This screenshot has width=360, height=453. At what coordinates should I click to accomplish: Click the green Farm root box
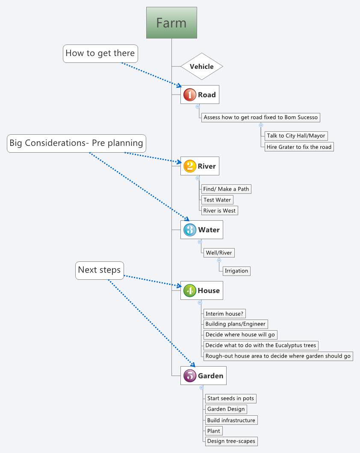tap(171, 23)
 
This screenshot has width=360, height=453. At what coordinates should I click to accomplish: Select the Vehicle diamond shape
tap(202, 66)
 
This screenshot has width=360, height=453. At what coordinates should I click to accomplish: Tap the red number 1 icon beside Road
tap(190, 95)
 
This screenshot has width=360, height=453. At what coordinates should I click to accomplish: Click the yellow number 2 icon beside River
tap(190, 166)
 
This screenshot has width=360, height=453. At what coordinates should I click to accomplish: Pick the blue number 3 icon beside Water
tap(190, 230)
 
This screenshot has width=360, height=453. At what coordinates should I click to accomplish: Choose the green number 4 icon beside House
tap(190, 290)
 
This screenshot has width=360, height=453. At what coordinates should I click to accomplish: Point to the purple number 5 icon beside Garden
tap(190, 376)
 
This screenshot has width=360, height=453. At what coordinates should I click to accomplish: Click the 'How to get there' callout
tap(100, 53)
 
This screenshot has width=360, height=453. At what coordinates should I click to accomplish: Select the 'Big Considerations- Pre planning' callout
tap(77, 143)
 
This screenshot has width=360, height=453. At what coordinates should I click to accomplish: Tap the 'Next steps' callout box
tap(100, 270)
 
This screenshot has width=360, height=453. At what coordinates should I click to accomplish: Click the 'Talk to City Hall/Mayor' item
tap(296, 136)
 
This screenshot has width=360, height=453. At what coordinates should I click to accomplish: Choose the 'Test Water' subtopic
tap(217, 200)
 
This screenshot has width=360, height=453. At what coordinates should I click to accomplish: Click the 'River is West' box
tap(219, 210)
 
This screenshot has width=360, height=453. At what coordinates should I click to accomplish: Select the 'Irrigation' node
tap(236, 271)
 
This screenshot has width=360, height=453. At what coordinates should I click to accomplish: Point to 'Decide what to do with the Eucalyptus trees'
tap(261, 345)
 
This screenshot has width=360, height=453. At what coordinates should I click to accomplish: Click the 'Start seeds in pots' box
tap(230, 398)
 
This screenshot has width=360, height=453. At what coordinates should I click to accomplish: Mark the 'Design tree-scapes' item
tap(231, 441)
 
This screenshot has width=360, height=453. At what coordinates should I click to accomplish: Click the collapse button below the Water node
tap(200, 242)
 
